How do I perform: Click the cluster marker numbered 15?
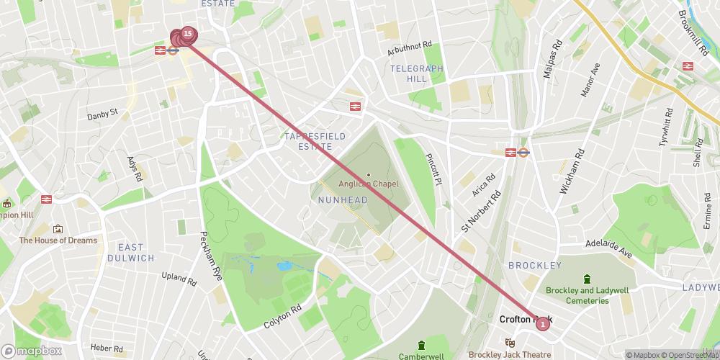click(187, 33)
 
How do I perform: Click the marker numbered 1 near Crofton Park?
click(542, 324)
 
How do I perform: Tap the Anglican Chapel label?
click(369, 184)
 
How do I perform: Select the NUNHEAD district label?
click(338, 199)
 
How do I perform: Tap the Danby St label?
click(102, 114)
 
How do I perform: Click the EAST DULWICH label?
click(131, 252)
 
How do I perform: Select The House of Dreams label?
click(58, 240)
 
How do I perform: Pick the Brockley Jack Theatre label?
click(510, 354)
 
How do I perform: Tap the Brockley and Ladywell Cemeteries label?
click(588, 295)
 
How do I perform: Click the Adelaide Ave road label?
click(608, 249)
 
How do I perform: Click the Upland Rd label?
click(179, 278)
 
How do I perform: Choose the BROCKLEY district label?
click(534, 265)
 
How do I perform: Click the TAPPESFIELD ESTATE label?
click(315, 141)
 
